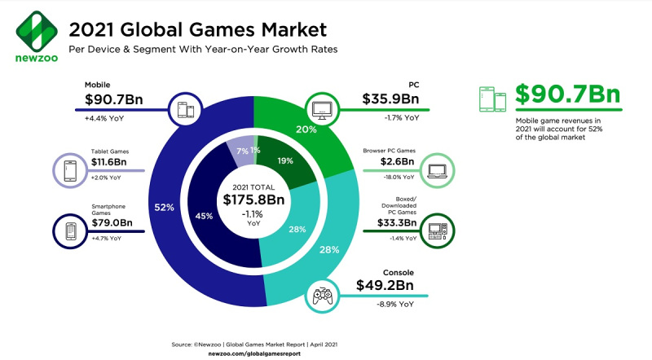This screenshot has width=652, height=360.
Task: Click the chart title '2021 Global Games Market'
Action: (x=197, y=31)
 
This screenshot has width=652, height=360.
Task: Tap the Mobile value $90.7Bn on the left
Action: (x=117, y=102)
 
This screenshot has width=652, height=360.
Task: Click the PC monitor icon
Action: (x=322, y=108)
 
